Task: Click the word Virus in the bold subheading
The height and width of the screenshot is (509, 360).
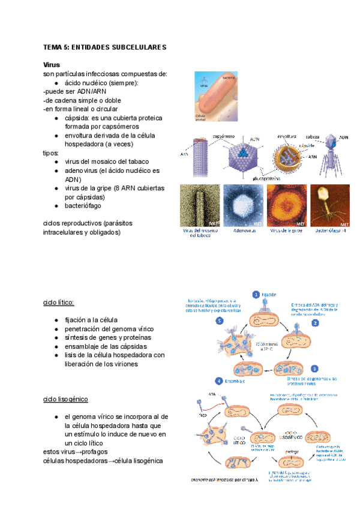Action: pos(52,64)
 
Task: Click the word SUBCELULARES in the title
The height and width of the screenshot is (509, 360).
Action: pos(136,47)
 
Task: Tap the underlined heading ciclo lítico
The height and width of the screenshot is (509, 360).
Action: pos(59,303)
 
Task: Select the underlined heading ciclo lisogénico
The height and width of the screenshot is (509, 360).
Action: pos(66,399)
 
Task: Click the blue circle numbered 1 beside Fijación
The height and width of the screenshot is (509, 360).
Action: pos(256,295)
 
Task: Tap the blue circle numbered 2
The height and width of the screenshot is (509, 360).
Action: pos(314,322)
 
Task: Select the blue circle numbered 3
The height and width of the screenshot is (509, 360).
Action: pos(314,369)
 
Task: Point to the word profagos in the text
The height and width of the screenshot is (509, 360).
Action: pos(98,451)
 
